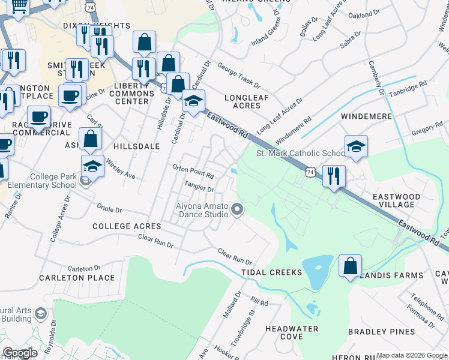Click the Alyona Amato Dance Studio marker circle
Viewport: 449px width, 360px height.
[x=238, y=209]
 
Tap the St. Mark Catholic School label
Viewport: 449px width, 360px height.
[x=301, y=154]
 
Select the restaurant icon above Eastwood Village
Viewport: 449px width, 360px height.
[x=334, y=176]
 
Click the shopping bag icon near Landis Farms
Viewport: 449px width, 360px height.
[x=350, y=266]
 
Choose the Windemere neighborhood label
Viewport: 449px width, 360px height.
[x=366, y=116]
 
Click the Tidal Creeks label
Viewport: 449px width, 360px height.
[x=271, y=272]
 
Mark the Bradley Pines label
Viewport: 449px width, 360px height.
[x=381, y=332]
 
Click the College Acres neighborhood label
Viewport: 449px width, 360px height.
[x=127, y=226]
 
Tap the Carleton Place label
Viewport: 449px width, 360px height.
[x=77, y=278]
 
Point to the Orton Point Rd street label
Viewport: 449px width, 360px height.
[x=193, y=172]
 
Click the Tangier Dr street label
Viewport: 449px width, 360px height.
[x=199, y=187]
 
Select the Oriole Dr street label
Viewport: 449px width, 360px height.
[x=109, y=209]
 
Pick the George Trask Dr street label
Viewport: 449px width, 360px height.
[x=239, y=76]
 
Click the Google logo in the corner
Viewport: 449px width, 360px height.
[x=20, y=353]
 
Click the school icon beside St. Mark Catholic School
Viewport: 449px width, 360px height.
[x=356, y=146]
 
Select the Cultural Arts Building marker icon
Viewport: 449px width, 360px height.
[x=40, y=313]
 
